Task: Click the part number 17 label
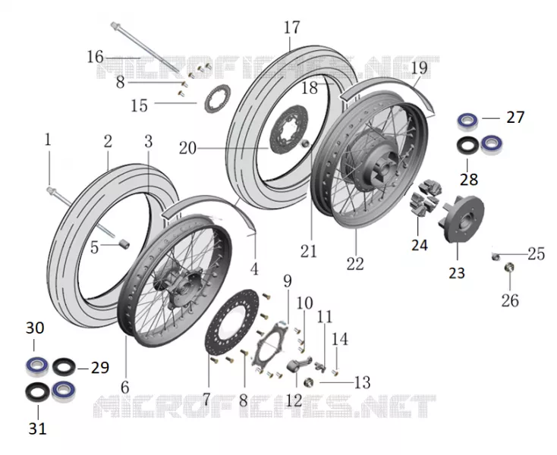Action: coord(291,28)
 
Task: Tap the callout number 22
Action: coord(355,264)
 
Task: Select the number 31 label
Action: coord(37,428)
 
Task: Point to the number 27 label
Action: coord(515,118)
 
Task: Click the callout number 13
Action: coord(362,383)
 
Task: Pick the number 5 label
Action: coord(94,247)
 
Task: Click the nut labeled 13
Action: coord(309,383)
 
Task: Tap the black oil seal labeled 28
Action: coord(468,146)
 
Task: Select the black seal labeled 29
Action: coord(64,367)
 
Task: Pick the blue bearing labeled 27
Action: coord(467,121)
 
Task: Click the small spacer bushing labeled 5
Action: coord(124,244)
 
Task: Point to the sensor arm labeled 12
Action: coord(298,365)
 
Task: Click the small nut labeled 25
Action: coord(496,256)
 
